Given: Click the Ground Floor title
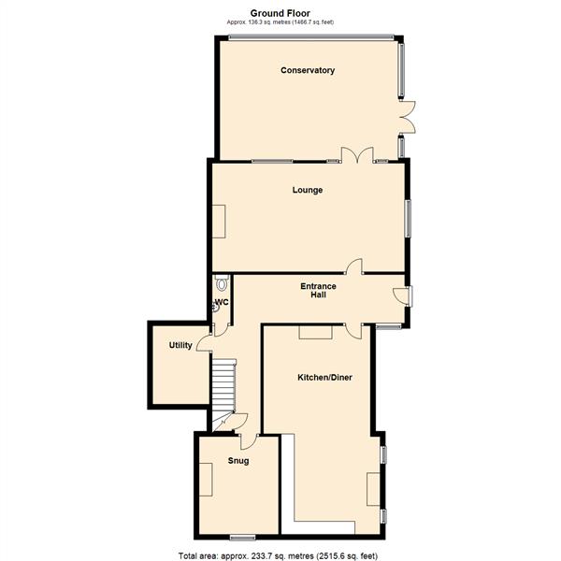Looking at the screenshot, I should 280,13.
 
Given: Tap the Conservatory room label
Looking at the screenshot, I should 308,71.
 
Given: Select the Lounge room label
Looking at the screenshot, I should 308,190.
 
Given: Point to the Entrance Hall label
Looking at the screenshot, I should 318,290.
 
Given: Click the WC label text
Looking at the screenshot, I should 223,303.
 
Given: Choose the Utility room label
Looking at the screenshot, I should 180,345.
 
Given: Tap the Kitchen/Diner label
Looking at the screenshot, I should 324,377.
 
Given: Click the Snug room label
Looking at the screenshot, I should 237,461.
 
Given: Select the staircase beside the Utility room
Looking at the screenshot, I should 222,388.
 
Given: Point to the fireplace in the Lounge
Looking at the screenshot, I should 218,222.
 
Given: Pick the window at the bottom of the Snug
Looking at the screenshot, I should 243,537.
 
